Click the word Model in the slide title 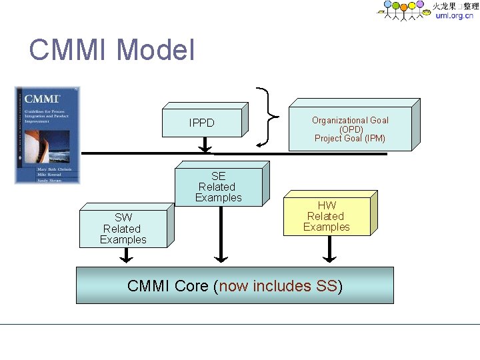pyautogui.click(x=155, y=50)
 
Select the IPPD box pyautogui.click(x=201, y=123)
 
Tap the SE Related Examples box pyautogui.click(x=218, y=187)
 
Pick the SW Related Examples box pyautogui.click(x=123, y=229)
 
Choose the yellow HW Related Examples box pyautogui.click(x=326, y=217)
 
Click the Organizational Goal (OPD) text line pyautogui.click(x=350, y=124)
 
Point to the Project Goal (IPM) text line pyautogui.click(x=350, y=139)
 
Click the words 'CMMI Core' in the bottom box pyautogui.click(x=168, y=286)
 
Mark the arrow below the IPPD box pyautogui.click(x=205, y=145)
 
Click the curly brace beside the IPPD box pyautogui.click(x=269, y=116)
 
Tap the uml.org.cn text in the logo pyautogui.click(x=454, y=16)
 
